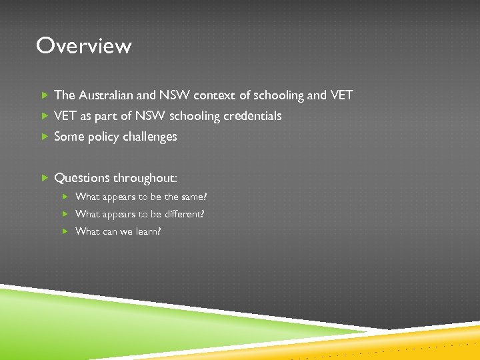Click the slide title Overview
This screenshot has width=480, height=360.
(84, 46)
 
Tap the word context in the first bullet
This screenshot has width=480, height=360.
(215, 95)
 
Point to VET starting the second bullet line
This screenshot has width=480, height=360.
(65, 116)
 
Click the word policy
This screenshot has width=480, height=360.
(99, 137)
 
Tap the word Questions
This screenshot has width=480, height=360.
(82, 178)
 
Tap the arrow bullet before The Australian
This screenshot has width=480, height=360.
(45, 95)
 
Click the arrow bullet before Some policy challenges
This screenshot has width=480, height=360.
(45, 137)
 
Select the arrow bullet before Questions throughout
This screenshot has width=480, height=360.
(45, 178)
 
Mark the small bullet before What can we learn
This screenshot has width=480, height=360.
(65, 231)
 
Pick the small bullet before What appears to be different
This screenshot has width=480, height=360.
(65, 214)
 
